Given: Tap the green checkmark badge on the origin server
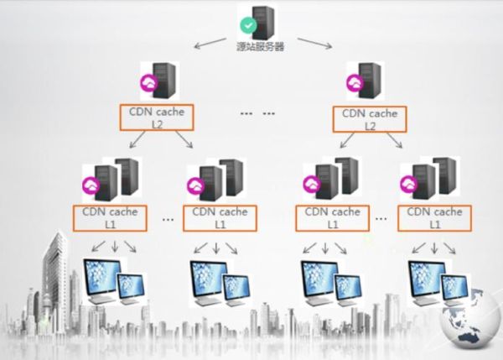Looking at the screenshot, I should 247,25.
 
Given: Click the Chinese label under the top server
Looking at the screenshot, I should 260,47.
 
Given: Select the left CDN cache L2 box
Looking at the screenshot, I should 157,118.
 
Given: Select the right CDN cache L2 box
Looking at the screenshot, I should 370,118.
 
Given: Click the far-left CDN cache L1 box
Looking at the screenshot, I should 111,217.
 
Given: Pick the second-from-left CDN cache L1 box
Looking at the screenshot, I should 220,217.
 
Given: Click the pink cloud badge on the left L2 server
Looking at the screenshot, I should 147,82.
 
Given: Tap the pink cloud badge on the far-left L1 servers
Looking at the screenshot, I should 90,184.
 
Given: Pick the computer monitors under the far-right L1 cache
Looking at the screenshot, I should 436,282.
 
